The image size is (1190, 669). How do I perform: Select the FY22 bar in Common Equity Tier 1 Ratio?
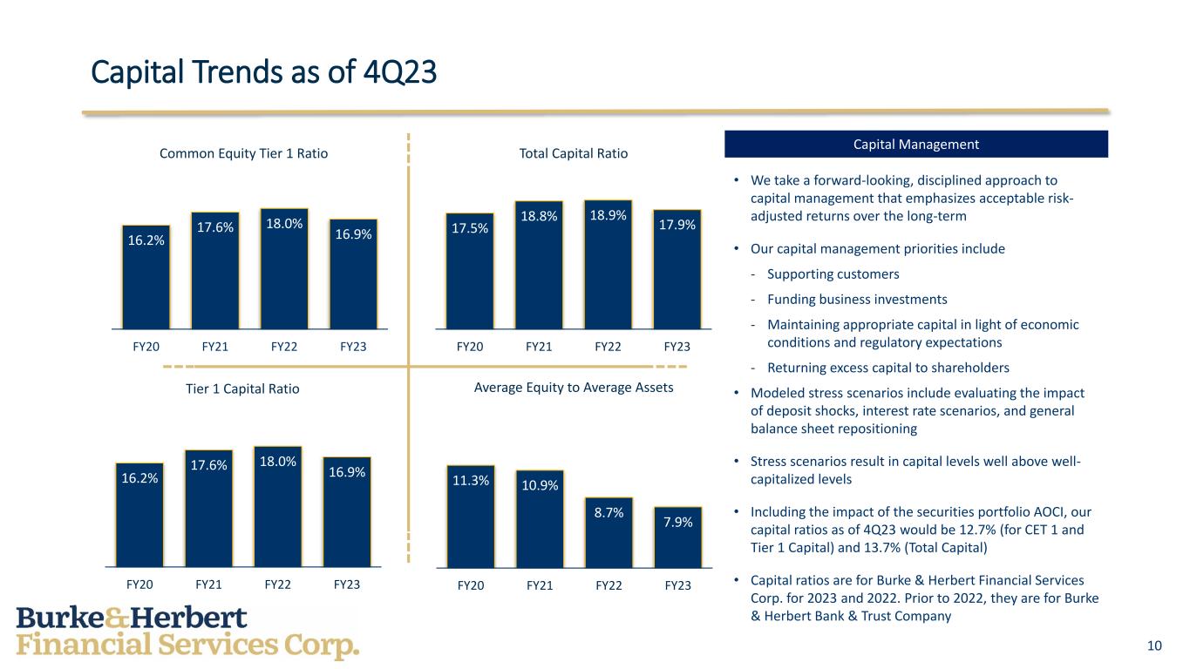click(x=284, y=270)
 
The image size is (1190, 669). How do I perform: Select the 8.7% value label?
click(x=609, y=513)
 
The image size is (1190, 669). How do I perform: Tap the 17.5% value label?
click(x=470, y=228)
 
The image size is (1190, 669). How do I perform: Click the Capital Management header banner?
click(x=916, y=145)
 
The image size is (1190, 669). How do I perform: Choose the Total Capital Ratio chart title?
click(x=574, y=153)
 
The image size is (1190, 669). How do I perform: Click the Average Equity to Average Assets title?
click(x=574, y=388)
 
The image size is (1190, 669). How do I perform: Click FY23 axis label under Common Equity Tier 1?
click(x=353, y=347)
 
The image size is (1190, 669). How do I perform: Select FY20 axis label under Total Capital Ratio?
click(x=470, y=347)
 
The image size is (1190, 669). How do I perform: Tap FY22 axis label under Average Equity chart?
click(x=609, y=586)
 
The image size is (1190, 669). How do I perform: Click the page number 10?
click(x=1154, y=645)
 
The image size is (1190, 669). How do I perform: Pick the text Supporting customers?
click(x=833, y=274)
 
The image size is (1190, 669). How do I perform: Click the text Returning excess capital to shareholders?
click(x=887, y=368)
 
